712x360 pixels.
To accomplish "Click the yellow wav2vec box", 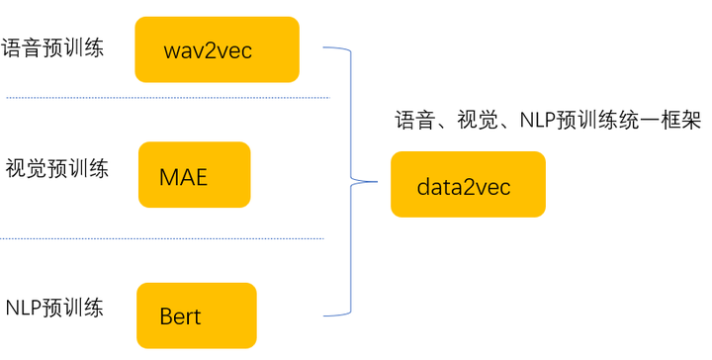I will tap(218, 49).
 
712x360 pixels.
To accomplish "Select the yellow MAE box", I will tap(194, 175).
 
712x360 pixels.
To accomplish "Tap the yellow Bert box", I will tap(196, 315).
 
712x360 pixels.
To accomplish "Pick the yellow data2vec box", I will tap(468, 185).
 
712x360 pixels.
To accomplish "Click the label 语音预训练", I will tap(52, 47).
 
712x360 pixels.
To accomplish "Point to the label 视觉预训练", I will tap(56, 169).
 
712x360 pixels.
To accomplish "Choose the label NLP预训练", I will tap(55, 307).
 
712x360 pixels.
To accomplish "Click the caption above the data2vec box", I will tap(547, 122).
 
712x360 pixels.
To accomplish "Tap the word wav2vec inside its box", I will tap(209, 50).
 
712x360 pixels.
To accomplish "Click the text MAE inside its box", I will tap(184, 177).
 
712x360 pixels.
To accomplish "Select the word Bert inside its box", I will tap(180, 316).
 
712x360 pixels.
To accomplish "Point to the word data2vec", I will tap(464, 186).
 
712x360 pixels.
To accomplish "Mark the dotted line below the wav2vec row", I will tap(168, 98).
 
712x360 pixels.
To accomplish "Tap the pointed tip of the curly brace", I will tap(377, 181).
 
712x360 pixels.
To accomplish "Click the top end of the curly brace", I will tap(325, 46).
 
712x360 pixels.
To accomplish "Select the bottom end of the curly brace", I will tap(325, 315).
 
